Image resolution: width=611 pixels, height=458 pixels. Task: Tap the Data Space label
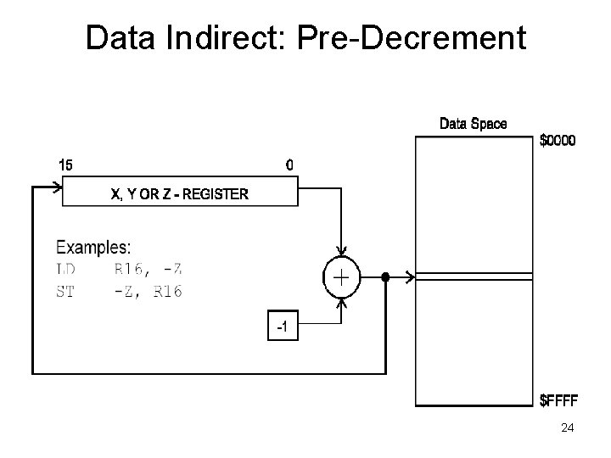tap(473, 124)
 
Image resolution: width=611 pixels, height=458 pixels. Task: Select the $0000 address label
tap(558, 141)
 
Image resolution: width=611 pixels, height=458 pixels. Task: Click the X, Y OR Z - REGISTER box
tap(180, 193)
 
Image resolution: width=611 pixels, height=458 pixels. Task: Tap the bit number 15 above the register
tap(64, 165)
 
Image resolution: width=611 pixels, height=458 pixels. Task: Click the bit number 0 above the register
tap(290, 165)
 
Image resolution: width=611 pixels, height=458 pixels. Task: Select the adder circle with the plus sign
tap(341, 276)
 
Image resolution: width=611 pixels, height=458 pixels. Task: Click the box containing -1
tap(283, 327)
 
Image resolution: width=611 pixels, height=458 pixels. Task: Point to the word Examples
tap(93, 248)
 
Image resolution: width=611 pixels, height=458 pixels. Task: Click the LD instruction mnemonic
tap(65, 270)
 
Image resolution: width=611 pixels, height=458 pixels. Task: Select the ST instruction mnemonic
tap(65, 291)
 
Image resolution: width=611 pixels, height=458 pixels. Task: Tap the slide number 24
tap(568, 428)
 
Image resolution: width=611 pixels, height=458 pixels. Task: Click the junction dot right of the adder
tap(384, 276)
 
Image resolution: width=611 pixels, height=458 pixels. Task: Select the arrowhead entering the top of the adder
tap(341, 252)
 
